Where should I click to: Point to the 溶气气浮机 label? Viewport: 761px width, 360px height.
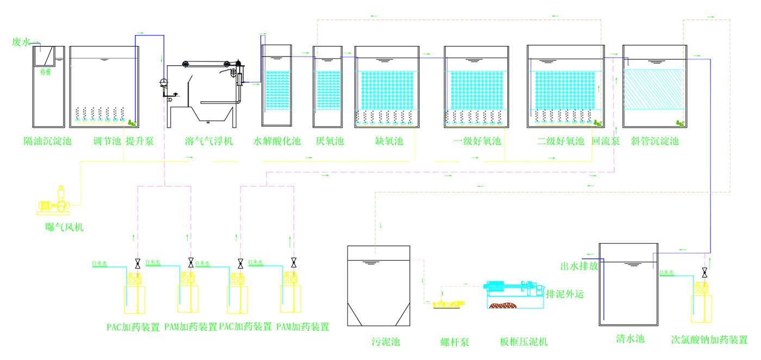pyautogui.click(x=209, y=142)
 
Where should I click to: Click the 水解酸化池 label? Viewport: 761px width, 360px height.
pyautogui.click(x=277, y=142)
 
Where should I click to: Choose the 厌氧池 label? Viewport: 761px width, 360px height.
pyautogui.click(x=330, y=142)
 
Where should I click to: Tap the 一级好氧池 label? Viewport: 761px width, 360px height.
pyautogui.click(x=477, y=142)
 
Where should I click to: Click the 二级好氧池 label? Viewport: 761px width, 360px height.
pyautogui.click(x=560, y=142)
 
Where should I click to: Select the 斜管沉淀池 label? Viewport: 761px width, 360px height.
pyautogui.click(x=655, y=142)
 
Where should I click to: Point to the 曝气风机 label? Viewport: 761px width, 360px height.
pyautogui.click(x=65, y=227)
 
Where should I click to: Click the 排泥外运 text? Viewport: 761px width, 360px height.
pyautogui.click(x=565, y=295)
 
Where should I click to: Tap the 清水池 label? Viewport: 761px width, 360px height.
pyautogui.click(x=631, y=338)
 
